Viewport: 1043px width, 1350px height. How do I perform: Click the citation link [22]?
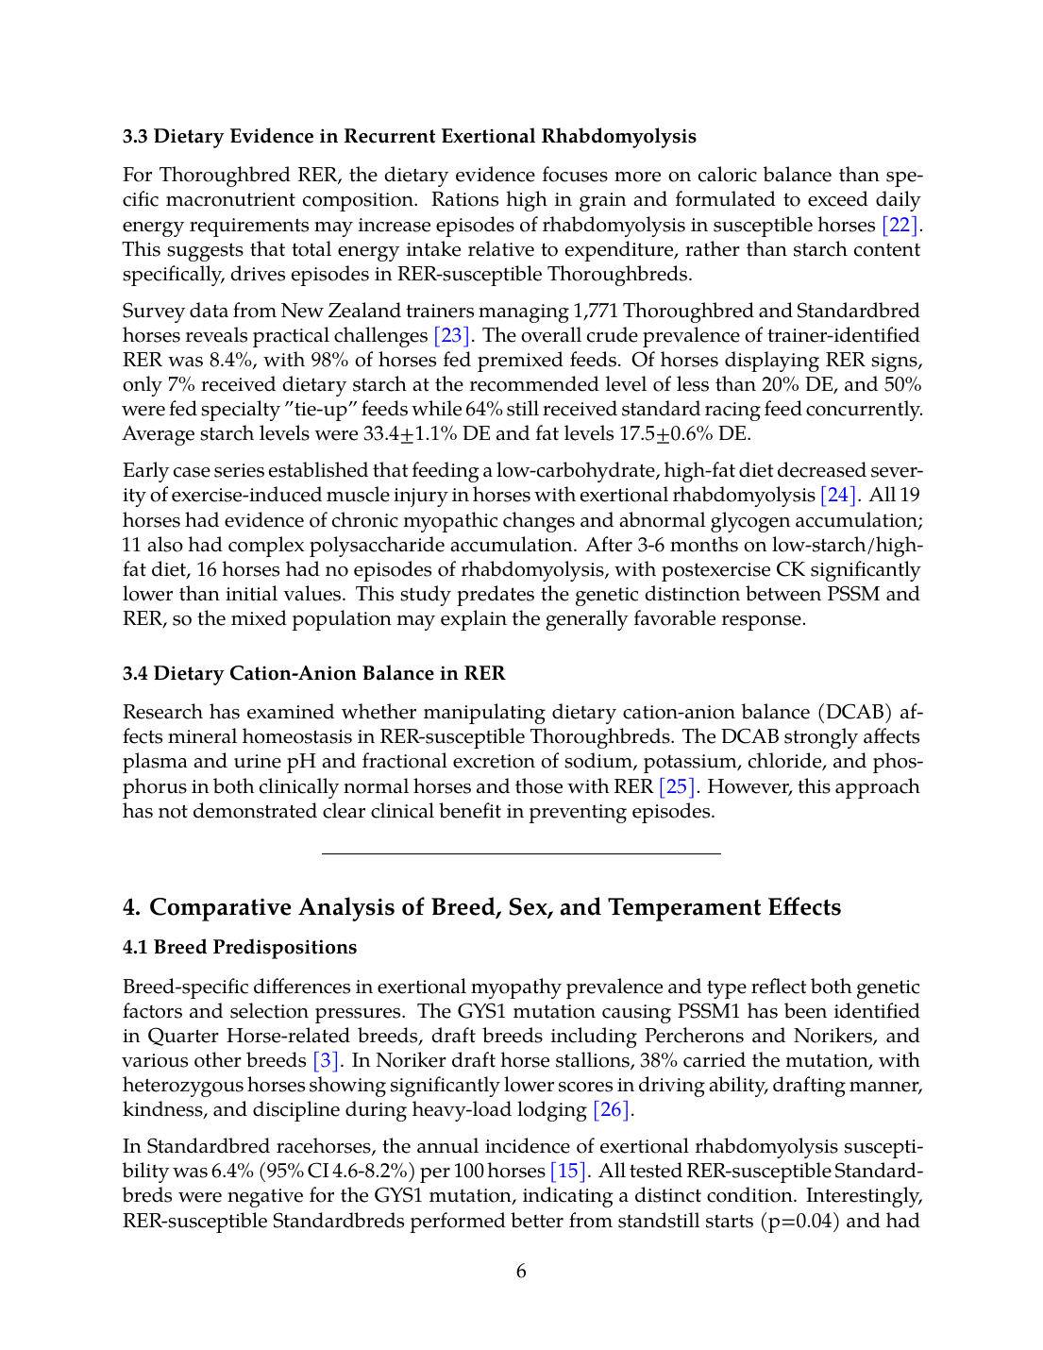tap(900, 225)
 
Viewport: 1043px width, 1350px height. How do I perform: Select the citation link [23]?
tap(451, 335)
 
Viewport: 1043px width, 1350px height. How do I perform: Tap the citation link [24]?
tap(839, 495)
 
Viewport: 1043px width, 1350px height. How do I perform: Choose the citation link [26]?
tap(612, 1109)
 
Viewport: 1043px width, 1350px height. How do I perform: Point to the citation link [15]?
tap(568, 1171)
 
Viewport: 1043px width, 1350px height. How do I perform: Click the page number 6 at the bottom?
tap(521, 1271)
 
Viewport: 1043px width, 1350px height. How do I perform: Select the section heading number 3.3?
tap(135, 136)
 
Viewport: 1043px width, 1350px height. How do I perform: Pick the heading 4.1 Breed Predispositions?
tap(240, 947)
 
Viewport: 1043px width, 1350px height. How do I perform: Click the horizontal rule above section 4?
tap(521, 853)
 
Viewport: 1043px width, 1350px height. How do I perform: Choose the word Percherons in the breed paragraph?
tap(700, 1036)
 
